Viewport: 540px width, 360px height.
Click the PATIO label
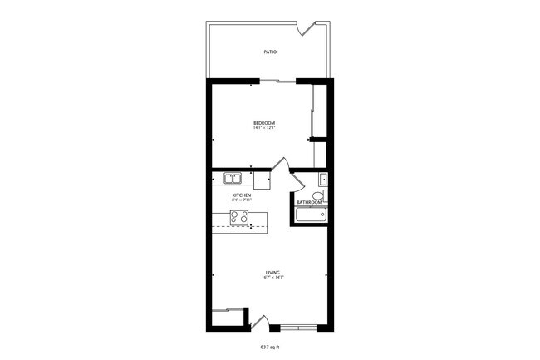pos(270,52)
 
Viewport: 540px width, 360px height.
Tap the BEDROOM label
pos(264,123)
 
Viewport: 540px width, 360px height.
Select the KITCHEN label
pos(242,195)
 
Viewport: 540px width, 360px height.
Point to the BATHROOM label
pos(309,202)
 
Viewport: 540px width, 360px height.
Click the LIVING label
pos(272,272)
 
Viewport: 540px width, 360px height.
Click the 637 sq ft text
pos(271,346)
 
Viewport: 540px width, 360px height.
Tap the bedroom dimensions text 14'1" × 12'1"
pos(264,128)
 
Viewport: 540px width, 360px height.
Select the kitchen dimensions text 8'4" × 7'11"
pos(242,200)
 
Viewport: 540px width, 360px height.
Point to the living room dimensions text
pos(272,277)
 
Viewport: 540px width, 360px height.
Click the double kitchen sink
pos(231,177)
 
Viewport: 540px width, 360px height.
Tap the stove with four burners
pos(239,218)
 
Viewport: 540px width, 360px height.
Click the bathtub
pos(311,215)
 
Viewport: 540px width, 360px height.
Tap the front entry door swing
pos(258,322)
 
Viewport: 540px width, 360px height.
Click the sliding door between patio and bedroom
pos(278,81)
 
